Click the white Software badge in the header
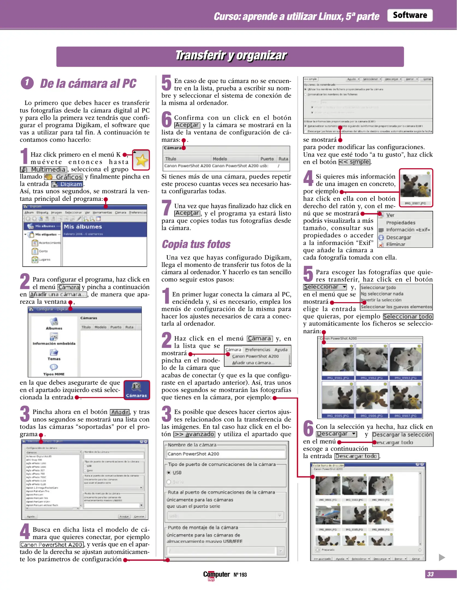[x=409, y=15]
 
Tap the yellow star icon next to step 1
[x=141, y=160]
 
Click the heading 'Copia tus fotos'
[x=196, y=244]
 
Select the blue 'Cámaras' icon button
[x=137, y=390]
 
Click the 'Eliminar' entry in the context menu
[x=395, y=244]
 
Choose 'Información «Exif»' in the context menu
[x=408, y=230]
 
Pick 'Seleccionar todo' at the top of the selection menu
[x=378, y=288]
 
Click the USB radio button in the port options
[x=169, y=473]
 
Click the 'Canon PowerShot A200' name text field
[x=225, y=454]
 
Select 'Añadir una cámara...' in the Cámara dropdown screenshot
[x=253, y=363]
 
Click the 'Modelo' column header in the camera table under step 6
[x=220, y=159]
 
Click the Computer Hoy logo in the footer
[x=216, y=575]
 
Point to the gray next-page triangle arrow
[x=441, y=557]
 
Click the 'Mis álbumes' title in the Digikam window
[x=83, y=227]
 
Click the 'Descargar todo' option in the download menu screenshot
[x=395, y=442]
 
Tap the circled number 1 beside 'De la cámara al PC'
[x=27, y=83]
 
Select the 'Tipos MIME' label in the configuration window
[x=54, y=374]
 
